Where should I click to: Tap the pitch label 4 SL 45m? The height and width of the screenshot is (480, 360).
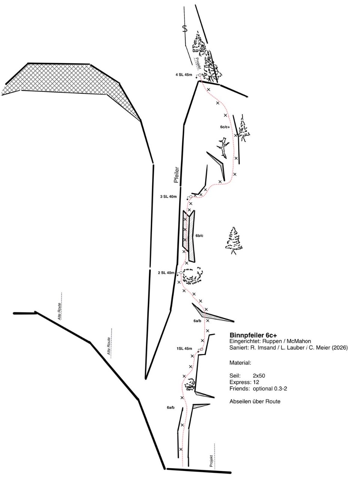[x=184, y=75]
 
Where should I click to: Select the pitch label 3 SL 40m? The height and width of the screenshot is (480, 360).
[x=168, y=196]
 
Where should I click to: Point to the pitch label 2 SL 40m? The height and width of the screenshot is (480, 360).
[x=166, y=273]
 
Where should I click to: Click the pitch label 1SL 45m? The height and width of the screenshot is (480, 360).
[x=184, y=349]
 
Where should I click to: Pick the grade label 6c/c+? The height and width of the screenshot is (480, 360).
[x=225, y=127]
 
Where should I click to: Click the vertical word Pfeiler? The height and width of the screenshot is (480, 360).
[x=176, y=175]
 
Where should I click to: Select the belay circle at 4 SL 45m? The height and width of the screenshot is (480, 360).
[x=200, y=75]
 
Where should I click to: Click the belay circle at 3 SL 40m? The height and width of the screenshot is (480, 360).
[x=191, y=197]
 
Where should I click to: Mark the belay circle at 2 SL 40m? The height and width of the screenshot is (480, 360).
[x=181, y=273]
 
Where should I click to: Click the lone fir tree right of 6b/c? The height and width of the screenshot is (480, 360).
[x=234, y=240]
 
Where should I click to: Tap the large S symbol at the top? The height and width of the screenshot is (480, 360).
[x=185, y=29]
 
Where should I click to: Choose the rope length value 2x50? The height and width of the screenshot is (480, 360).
[x=259, y=376]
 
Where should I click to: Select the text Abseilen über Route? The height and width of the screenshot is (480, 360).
[x=255, y=402]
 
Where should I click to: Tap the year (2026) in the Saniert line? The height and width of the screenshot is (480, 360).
[x=340, y=348]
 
